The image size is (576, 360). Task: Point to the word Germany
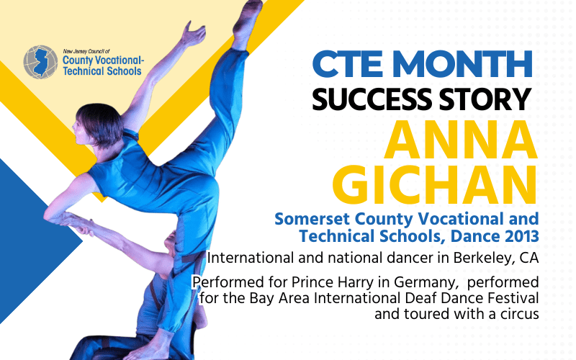click(x=436, y=282)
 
